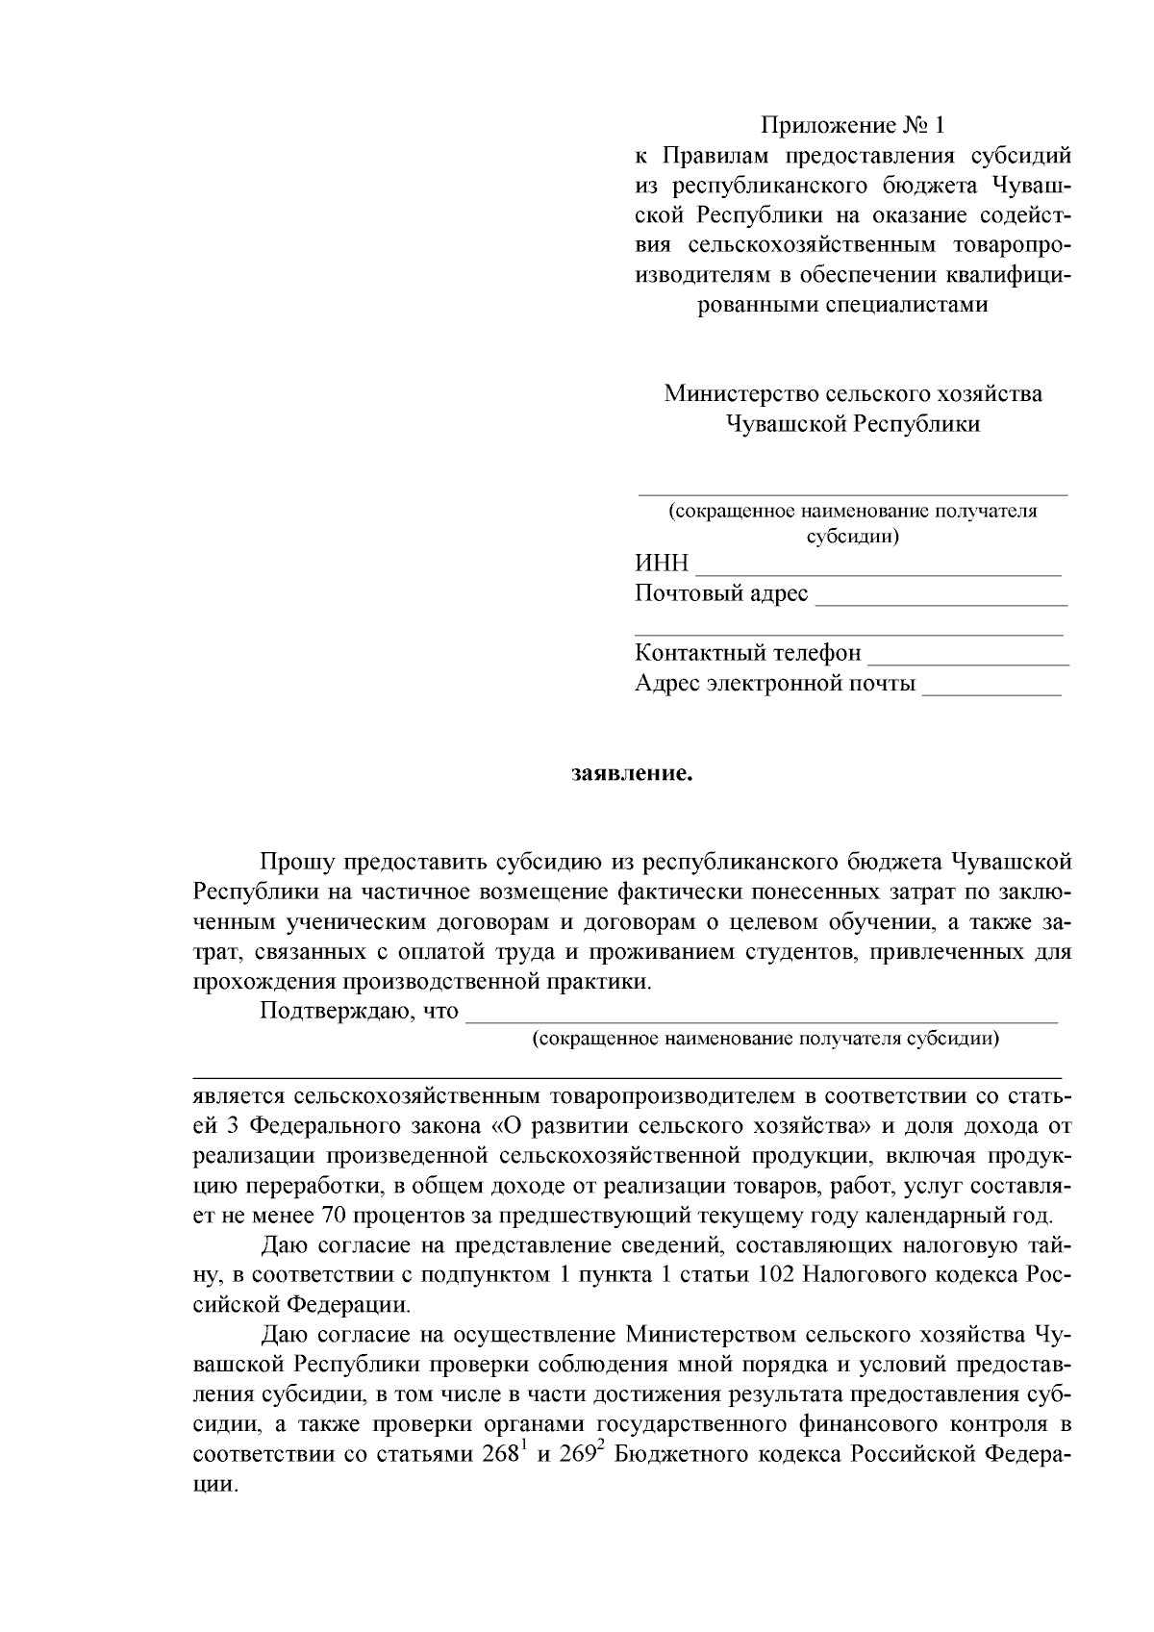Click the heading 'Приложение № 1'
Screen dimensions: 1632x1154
853,126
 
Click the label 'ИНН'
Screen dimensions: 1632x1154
662,565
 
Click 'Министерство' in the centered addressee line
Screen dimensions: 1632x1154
730,394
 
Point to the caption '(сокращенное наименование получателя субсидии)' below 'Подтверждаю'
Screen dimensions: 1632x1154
765,1039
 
